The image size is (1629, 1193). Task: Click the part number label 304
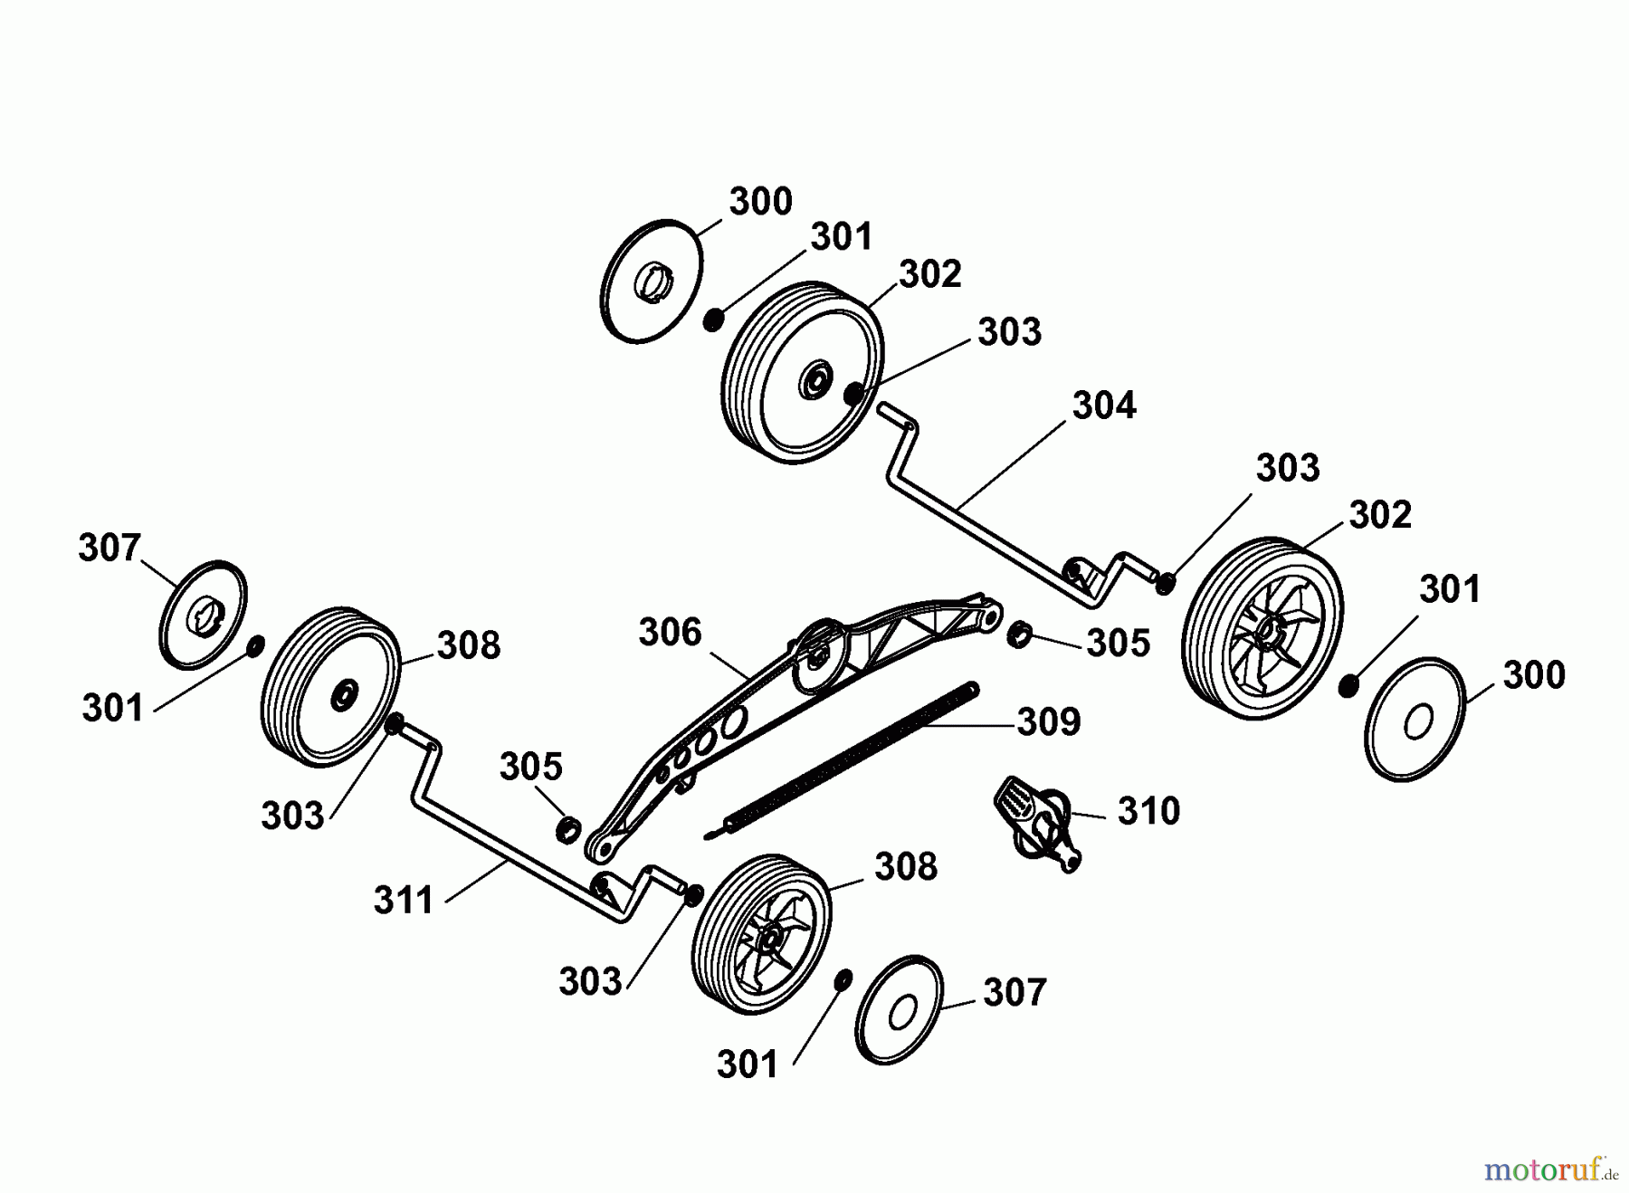[1104, 406]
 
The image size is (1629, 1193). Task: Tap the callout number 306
[670, 632]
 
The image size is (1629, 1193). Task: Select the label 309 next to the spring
[1049, 722]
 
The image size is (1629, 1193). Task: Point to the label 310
[1148, 810]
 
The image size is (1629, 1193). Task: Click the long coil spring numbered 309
[842, 760]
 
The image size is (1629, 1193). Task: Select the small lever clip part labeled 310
[1036, 821]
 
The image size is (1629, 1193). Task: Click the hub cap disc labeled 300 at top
[651, 282]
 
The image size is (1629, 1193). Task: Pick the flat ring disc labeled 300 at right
[1415, 720]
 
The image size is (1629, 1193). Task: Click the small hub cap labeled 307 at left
[203, 616]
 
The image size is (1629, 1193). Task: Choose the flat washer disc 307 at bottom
[899, 1009]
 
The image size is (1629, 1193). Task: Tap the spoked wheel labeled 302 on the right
[1262, 629]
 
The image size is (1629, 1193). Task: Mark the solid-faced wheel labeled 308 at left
[330, 686]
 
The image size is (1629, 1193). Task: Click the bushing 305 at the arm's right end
[1019, 634]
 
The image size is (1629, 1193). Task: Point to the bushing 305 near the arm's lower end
[568, 827]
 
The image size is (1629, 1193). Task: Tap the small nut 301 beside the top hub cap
[713, 320]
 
